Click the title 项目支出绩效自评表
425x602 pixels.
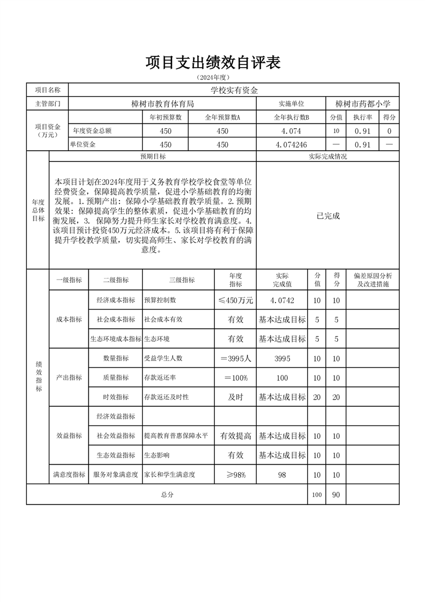[x=213, y=62]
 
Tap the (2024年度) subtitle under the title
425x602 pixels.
[x=213, y=78]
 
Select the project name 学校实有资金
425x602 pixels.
[x=234, y=90]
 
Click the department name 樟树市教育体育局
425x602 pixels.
[x=162, y=104]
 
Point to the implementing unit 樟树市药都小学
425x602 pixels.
[x=363, y=104]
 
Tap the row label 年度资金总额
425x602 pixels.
[x=92, y=130]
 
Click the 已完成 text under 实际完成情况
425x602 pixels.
[x=327, y=216]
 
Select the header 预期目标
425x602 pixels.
[x=153, y=156]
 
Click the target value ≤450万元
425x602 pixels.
[x=235, y=300]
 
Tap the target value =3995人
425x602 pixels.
[x=235, y=358]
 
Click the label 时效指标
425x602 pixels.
[x=115, y=397]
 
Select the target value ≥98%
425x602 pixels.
[x=235, y=475]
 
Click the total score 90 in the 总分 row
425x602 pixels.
[x=336, y=495]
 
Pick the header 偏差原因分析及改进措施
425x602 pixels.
[x=372, y=280]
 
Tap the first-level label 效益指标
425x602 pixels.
[x=69, y=436]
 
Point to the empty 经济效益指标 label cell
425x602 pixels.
[x=115, y=416]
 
